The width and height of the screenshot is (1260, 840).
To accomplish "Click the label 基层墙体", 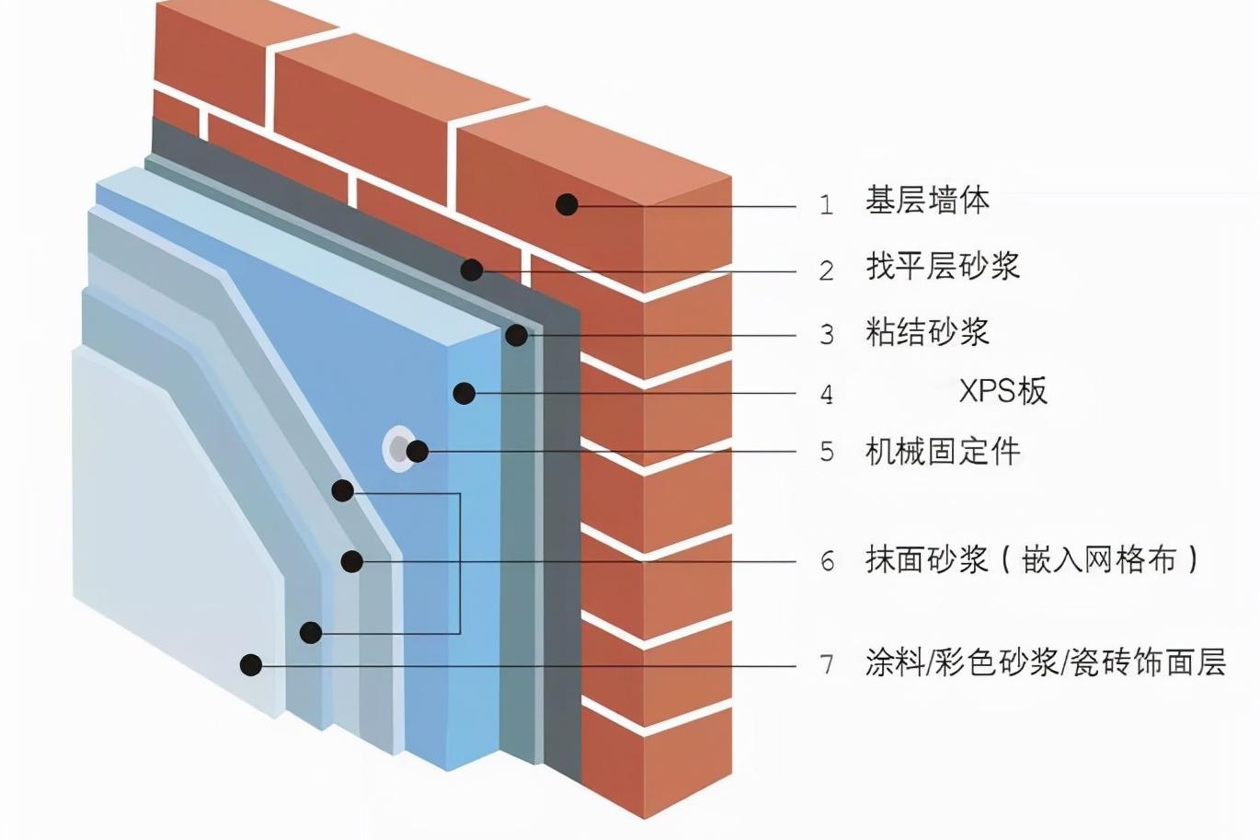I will [x=927, y=201].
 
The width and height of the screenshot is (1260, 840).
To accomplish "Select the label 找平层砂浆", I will [x=943, y=267].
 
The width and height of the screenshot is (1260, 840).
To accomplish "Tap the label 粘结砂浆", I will [x=927, y=331].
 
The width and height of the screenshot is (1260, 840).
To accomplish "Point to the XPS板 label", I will [x=1002, y=392].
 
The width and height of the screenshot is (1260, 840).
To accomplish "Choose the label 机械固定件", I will [x=943, y=451].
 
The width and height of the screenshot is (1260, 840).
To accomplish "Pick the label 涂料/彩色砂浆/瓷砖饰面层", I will [x=1045, y=662].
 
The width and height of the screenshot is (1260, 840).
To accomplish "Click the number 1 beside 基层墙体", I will [x=826, y=204].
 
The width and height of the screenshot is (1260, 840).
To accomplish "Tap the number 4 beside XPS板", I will [x=826, y=395].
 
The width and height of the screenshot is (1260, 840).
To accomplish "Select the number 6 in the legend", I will [x=827, y=561].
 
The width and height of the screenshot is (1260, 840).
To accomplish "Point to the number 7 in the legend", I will [x=826, y=664].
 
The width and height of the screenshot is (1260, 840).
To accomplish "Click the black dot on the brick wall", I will [x=567, y=204].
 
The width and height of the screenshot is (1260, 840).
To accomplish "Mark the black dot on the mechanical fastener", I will [x=418, y=451].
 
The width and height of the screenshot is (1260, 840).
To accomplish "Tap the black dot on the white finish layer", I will [x=251, y=664].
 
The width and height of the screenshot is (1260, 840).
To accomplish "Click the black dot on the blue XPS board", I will [x=464, y=394].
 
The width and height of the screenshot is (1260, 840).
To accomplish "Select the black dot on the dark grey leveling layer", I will [x=472, y=270].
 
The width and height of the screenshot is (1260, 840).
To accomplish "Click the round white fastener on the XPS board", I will [x=398, y=449].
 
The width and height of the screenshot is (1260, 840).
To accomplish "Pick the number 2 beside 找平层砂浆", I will [x=826, y=270].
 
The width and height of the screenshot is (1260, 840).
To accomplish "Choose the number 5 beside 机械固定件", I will [x=826, y=452].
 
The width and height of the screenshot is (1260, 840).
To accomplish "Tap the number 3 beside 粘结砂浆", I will [x=826, y=334].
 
